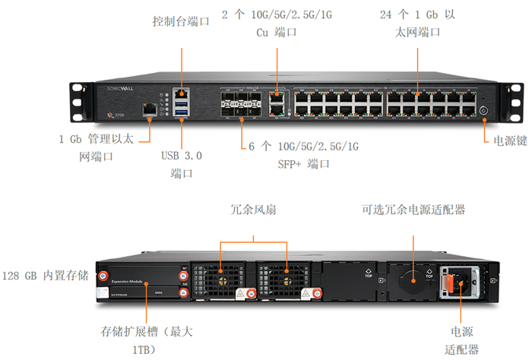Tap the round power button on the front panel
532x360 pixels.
coord(483,110)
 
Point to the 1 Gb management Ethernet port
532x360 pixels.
coord(150,110)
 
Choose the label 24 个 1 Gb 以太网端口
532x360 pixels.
coord(417,23)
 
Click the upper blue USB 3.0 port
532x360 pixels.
coord(181,102)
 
